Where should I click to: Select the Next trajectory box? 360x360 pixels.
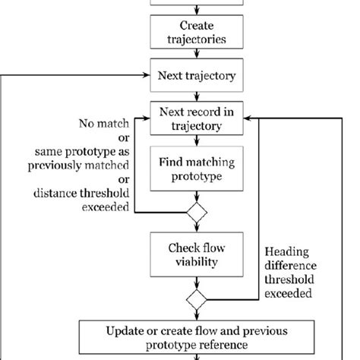pos(196,75)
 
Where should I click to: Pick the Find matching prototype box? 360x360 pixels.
pos(196,169)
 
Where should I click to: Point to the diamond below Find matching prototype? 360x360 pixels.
pos(196,213)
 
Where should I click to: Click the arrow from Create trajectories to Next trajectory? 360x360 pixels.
pos(196,53)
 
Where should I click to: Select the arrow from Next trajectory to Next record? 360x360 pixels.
pos(196,96)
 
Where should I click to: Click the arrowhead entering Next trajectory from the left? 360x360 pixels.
pos(147,75)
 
